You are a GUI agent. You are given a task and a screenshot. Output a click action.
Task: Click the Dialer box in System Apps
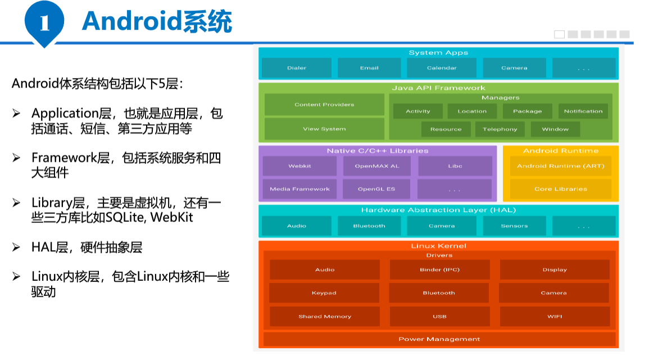pyautogui.click(x=296, y=68)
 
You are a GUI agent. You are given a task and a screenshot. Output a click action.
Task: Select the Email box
pyautogui.click(x=369, y=68)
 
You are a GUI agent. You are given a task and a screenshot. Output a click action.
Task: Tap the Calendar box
pyautogui.click(x=442, y=68)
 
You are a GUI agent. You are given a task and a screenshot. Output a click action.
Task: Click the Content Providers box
pyautogui.click(x=324, y=104)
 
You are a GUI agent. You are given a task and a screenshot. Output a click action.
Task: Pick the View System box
pyautogui.click(x=324, y=129)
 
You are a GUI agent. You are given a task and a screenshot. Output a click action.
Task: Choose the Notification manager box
pyautogui.click(x=583, y=111)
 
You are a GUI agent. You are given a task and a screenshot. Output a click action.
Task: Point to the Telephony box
pyautogui.click(x=500, y=129)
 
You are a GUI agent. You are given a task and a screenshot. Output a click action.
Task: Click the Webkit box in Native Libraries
pyautogui.click(x=299, y=166)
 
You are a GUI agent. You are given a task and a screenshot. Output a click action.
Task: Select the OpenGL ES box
pyautogui.click(x=377, y=189)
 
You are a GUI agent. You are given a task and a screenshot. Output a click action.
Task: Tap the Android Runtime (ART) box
pyautogui.click(x=560, y=166)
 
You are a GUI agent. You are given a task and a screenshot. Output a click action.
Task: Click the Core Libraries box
pyautogui.click(x=560, y=189)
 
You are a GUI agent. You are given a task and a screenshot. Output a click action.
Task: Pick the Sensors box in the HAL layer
pyautogui.click(x=514, y=226)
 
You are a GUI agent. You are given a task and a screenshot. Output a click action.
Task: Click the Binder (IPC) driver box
pyautogui.click(x=439, y=270)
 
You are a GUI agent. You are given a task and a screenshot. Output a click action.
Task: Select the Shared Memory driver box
pyautogui.click(x=325, y=316)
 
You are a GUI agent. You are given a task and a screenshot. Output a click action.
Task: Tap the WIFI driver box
pyautogui.click(x=555, y=316)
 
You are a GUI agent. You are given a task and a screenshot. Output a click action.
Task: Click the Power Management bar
pyautogui.click(x=439, y=339)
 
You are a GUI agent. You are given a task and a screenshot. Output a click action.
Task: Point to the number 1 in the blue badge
pyautogui.click(x=44, y=23)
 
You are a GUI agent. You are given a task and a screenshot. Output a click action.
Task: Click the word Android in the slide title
pyautogui.click(x=131, y=21)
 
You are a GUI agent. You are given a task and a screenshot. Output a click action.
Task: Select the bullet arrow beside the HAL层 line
pyautogui.click(x=17, y=248)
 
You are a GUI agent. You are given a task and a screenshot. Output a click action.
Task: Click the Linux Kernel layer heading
pyautogui.click(x=439, y=246)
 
